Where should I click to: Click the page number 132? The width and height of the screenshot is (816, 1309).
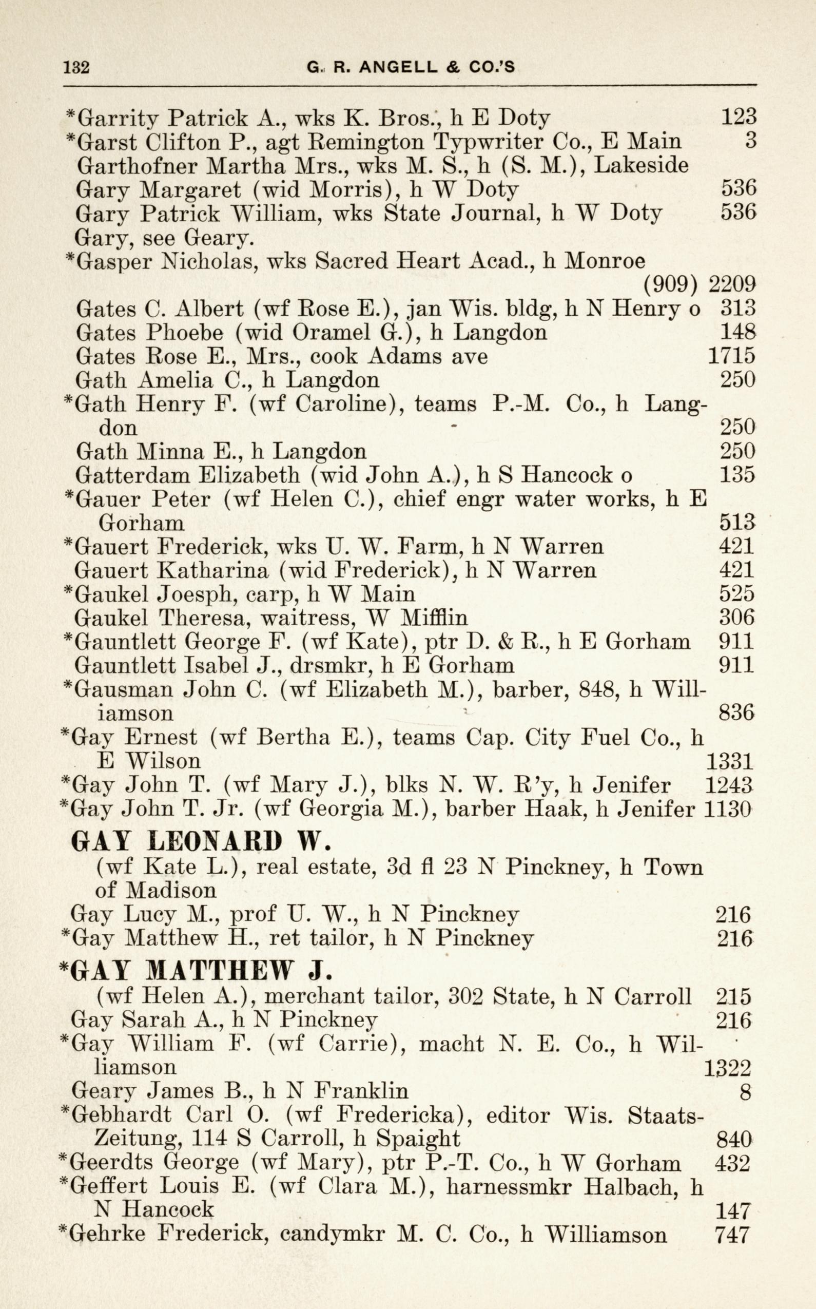76,67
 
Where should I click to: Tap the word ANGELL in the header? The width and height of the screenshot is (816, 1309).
398,67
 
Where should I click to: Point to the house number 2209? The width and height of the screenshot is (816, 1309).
732,284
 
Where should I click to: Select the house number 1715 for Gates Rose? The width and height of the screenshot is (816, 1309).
731,356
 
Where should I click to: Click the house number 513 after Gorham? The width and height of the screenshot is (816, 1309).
736,523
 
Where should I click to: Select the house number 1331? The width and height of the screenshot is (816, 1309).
729,762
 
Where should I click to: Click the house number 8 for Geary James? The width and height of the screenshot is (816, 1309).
745,1091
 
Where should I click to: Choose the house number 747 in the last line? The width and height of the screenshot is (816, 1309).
732,1235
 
